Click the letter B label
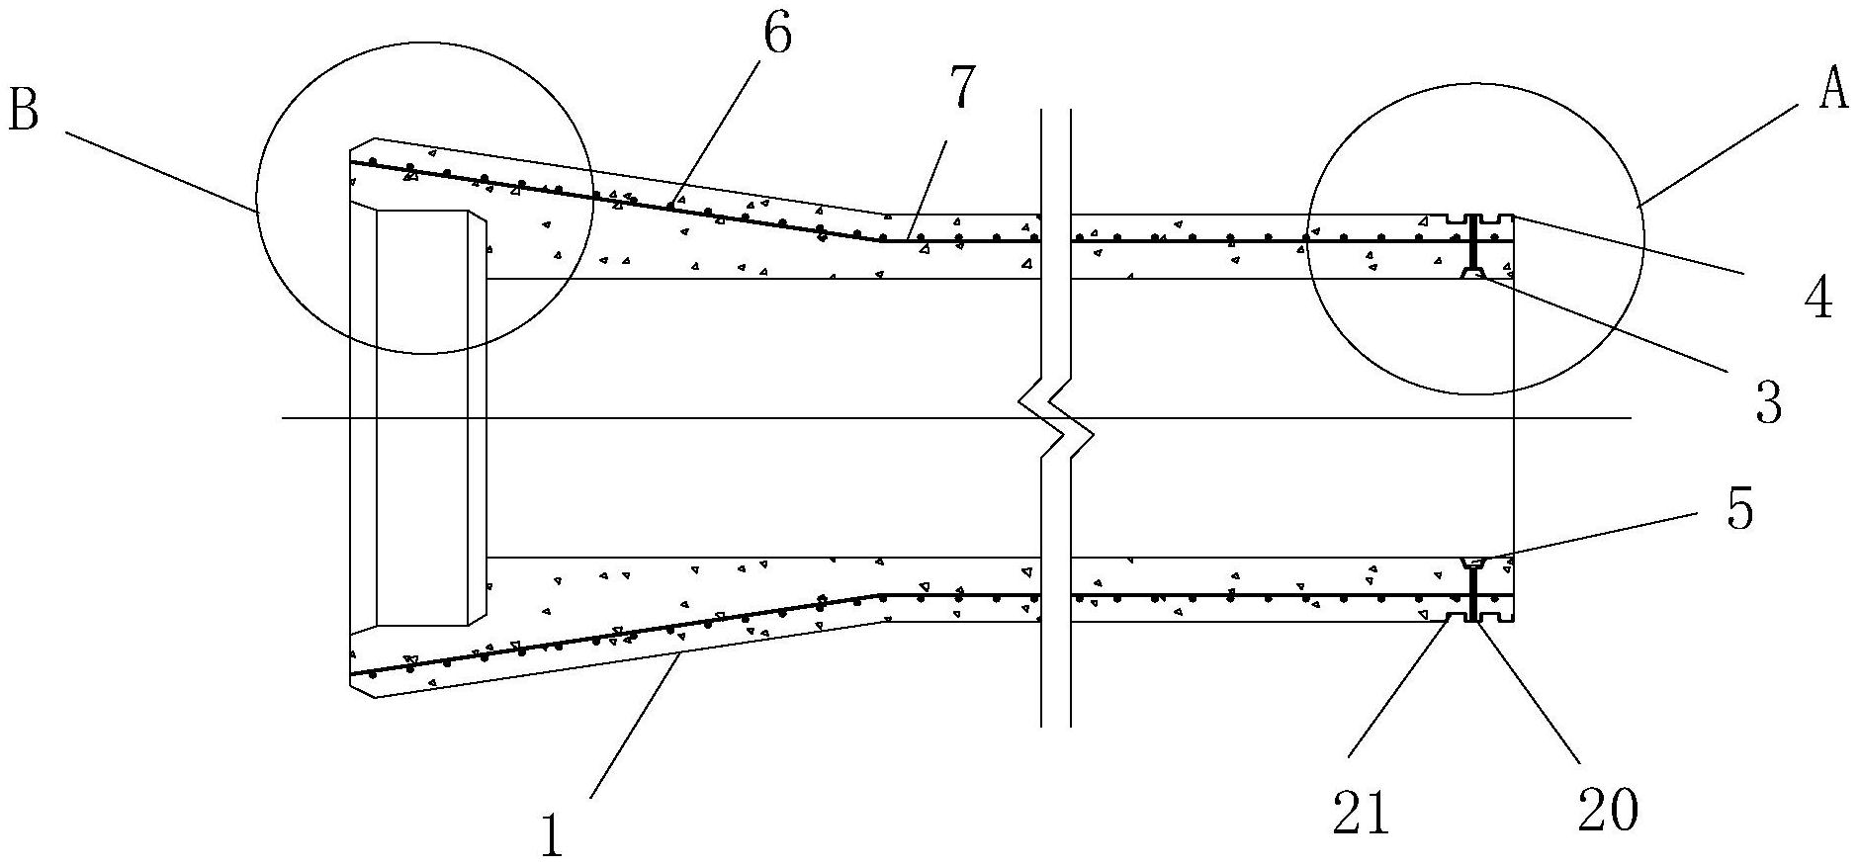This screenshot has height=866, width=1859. (x=23, y=112)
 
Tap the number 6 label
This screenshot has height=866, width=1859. (x=777, y=37)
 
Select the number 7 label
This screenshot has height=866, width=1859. (x=963, y=89)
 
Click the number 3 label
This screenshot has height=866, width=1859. (x=1767, y=402)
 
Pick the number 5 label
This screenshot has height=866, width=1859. (x=1739, y=509)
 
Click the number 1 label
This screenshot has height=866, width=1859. (x=551, y=833)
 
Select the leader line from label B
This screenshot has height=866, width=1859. (x=158, y=169)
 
